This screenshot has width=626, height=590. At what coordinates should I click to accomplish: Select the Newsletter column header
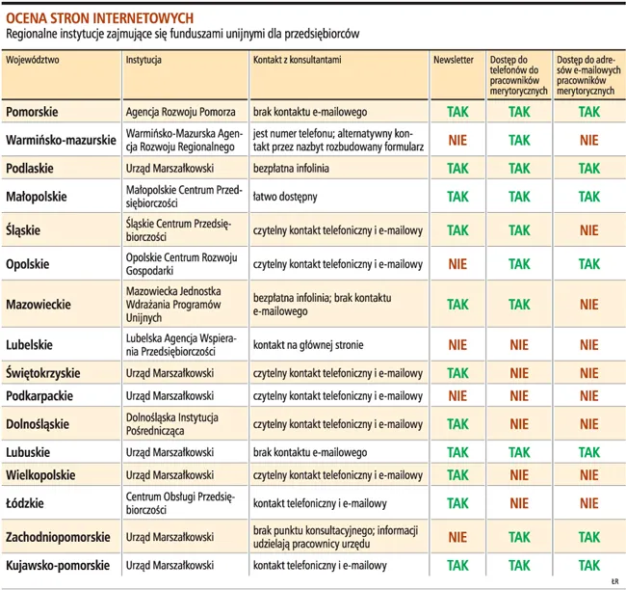454,60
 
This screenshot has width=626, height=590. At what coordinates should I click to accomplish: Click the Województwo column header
34,60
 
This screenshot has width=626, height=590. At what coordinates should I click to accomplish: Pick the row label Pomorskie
35,112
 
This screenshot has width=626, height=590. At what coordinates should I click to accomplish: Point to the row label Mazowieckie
39,304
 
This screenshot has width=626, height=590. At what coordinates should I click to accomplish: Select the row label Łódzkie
25,503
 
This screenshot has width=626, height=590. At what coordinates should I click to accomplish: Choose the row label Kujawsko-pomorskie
58,565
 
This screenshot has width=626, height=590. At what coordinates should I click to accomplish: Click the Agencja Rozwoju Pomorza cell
173,112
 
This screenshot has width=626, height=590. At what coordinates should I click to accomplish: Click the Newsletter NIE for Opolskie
458,263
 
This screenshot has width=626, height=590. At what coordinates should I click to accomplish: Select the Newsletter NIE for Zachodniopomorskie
458,537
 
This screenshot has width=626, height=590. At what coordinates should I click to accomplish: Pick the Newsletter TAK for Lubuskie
458,451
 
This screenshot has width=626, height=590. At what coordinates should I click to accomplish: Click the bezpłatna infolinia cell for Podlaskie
291,168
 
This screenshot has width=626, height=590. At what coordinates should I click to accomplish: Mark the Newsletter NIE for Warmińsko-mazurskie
458,140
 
